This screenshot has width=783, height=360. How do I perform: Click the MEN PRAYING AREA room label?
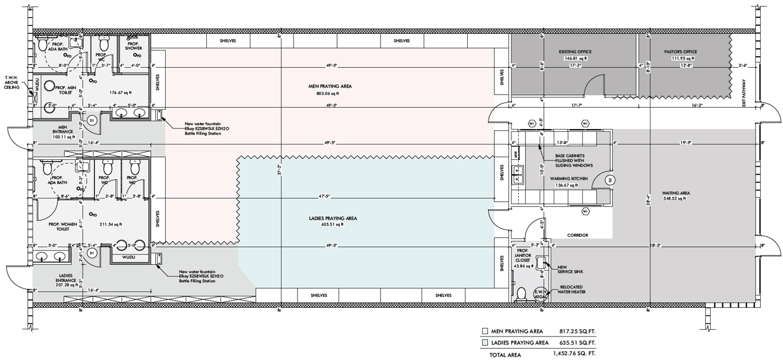pyautogui.click(x=330, y=86)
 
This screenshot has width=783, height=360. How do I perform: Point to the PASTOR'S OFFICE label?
pyautogui.click(x=680, y=52)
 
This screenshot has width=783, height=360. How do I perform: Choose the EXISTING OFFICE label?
pyautogui.click(x=575, y=52)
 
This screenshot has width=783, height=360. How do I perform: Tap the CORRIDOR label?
pyautogui.click(x=578, y=235)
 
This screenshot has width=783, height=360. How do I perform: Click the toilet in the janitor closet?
pyautogui.click(x=521, y=294)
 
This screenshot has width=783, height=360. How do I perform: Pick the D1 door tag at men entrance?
pyautogui.click(x=92, y=121)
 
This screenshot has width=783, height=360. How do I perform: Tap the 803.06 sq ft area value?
pyautogui.click(x=328, y=93)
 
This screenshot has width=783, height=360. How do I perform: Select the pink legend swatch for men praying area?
pyautogui.click(x=485, y=331)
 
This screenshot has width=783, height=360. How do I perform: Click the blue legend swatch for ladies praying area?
pyautogui.click(x=485, y=343)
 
